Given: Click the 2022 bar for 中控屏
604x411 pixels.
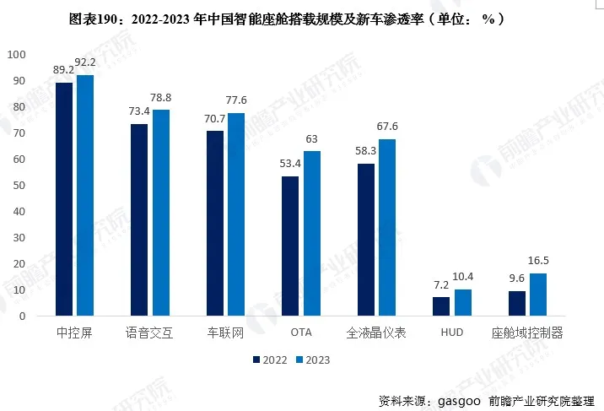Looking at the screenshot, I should coord(63,199).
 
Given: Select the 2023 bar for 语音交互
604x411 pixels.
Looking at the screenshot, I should coord(160,213).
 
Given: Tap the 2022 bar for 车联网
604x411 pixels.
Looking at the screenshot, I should coord(215,224).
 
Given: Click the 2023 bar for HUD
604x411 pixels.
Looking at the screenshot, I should coord(463,303).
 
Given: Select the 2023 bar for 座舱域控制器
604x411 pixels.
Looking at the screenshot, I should coord(538,295).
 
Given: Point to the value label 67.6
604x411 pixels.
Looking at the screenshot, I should coord(388,126).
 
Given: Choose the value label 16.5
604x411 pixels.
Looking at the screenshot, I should coord(538,260).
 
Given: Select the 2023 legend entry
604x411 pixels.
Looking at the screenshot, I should coord(312,360).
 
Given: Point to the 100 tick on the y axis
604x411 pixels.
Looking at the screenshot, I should coord(17,55).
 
